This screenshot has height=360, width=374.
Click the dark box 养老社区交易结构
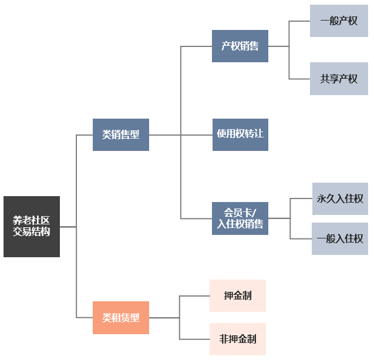[32, 226]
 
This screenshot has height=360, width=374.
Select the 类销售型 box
[120, 134]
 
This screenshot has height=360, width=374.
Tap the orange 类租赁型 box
[120, 318]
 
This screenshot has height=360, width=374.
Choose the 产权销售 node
[240, 46]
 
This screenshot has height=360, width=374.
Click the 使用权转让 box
[240, 134]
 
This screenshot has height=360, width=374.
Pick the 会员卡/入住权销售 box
[240, 218]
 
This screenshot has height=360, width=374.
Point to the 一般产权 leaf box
[339, 21]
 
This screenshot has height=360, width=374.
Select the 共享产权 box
[339, 79]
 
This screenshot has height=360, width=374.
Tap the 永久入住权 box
[340, 198]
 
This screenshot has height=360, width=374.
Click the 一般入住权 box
[340, 238]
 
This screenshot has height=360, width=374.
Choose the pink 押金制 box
[238, 295]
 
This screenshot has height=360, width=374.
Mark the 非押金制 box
[238, 339]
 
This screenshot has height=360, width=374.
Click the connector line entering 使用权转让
[197, 134]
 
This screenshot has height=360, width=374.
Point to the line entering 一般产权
[299, 21]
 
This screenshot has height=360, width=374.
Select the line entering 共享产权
[299, 79]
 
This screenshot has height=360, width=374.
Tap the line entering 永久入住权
[301, 198]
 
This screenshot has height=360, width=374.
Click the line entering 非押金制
[194, 339]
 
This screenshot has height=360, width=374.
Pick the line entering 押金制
[194, 295]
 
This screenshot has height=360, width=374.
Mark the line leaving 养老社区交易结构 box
[68, 226]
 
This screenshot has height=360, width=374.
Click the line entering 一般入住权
[301, 238]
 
